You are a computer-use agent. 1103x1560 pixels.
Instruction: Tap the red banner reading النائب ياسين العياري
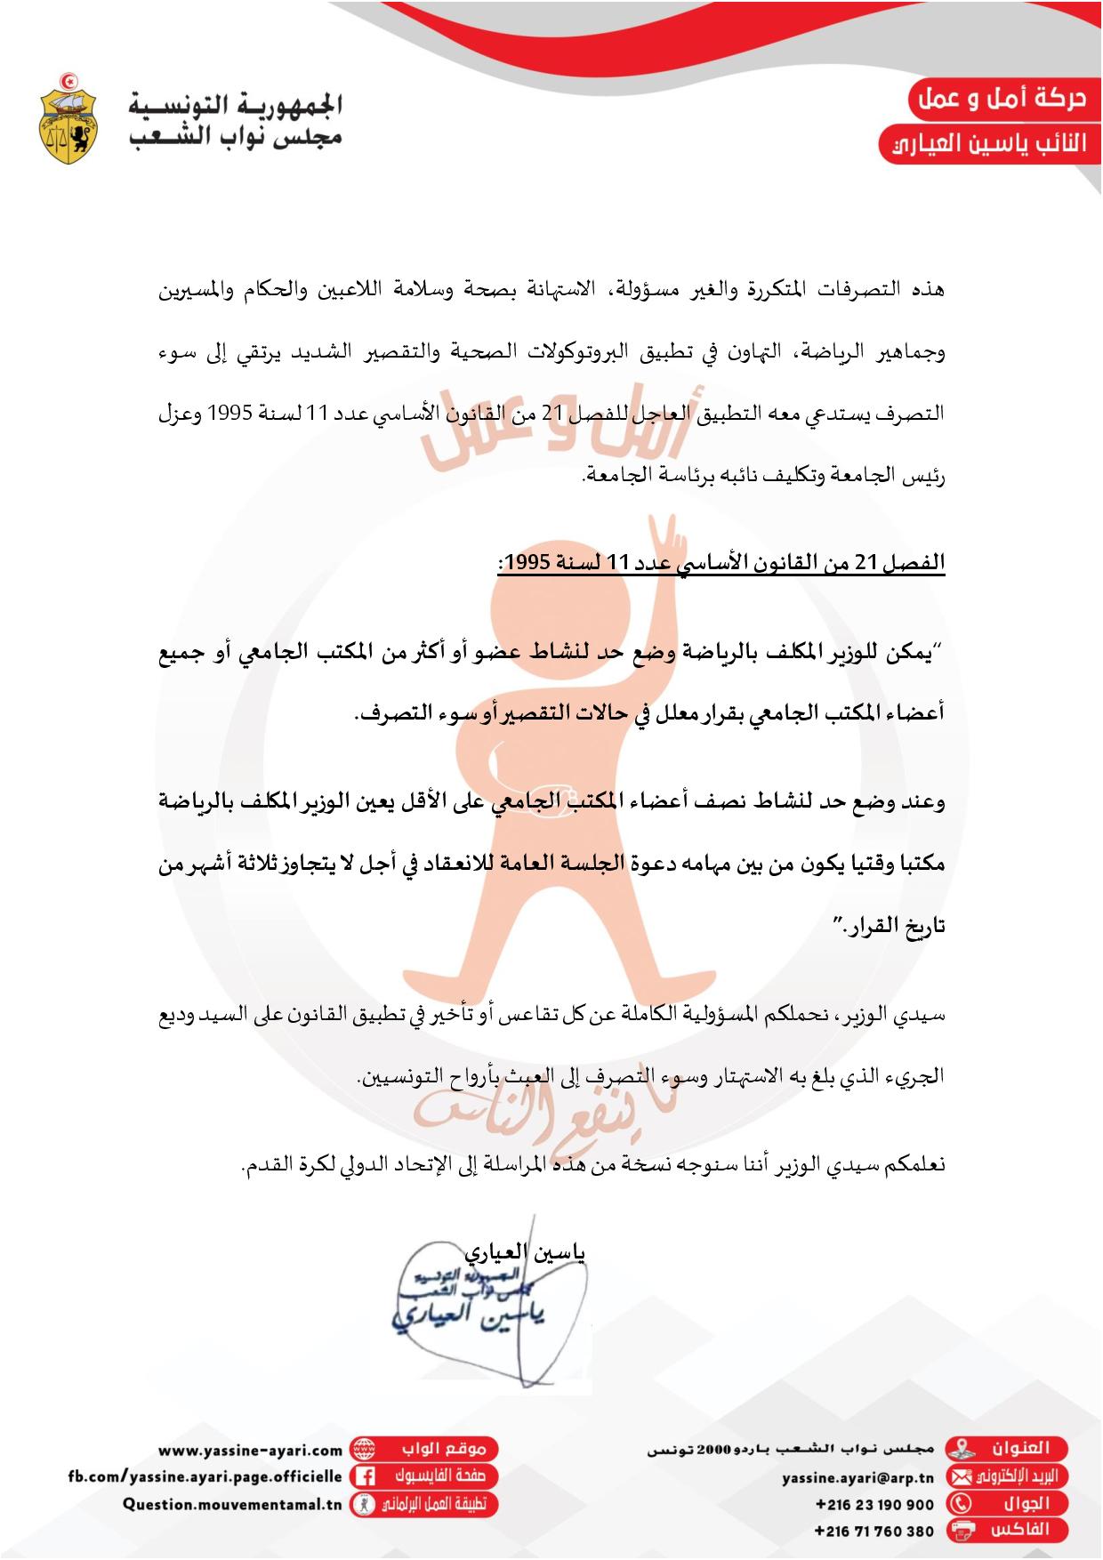pyautogui.click(x=987, y=144)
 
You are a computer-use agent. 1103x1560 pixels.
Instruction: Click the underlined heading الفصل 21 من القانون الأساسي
pyautogui.click(x=721, y=563)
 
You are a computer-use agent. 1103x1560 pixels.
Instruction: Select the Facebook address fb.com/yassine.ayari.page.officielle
pyautogui.click(x=205, y=1476)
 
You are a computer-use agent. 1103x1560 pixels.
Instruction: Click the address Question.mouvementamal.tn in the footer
pyautogui.click(x=232, y=1504)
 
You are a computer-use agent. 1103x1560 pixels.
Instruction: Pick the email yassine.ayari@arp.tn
pyautogui.click(x=857, y=1477)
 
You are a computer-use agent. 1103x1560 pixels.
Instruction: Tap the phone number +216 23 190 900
pyautogui.click(x=874, y=1504)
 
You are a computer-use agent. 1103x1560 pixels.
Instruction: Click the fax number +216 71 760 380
pyautogui.click(x=874, y=1531)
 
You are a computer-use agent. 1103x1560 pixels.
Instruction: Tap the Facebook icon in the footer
pyautogui.click(x=363, y=1476)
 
